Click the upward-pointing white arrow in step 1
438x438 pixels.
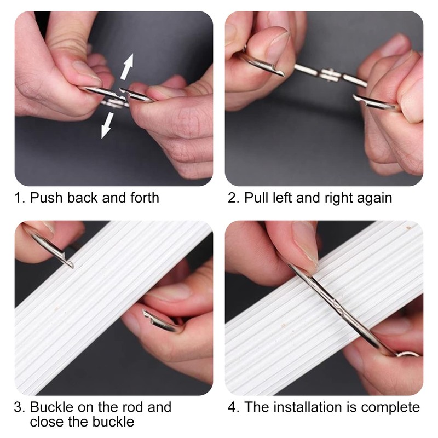[x=127, y=66]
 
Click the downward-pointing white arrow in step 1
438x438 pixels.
[x=107, y=125]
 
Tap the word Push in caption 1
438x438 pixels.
[x=46, y=198]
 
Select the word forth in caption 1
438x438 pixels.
[x=145, y=198]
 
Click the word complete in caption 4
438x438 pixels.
[x=390, y=408]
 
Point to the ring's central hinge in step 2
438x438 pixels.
[x=330, y=74]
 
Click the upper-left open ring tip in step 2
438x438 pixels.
[x=283, y=74]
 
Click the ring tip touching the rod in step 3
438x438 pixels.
[x=71, y=265]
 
